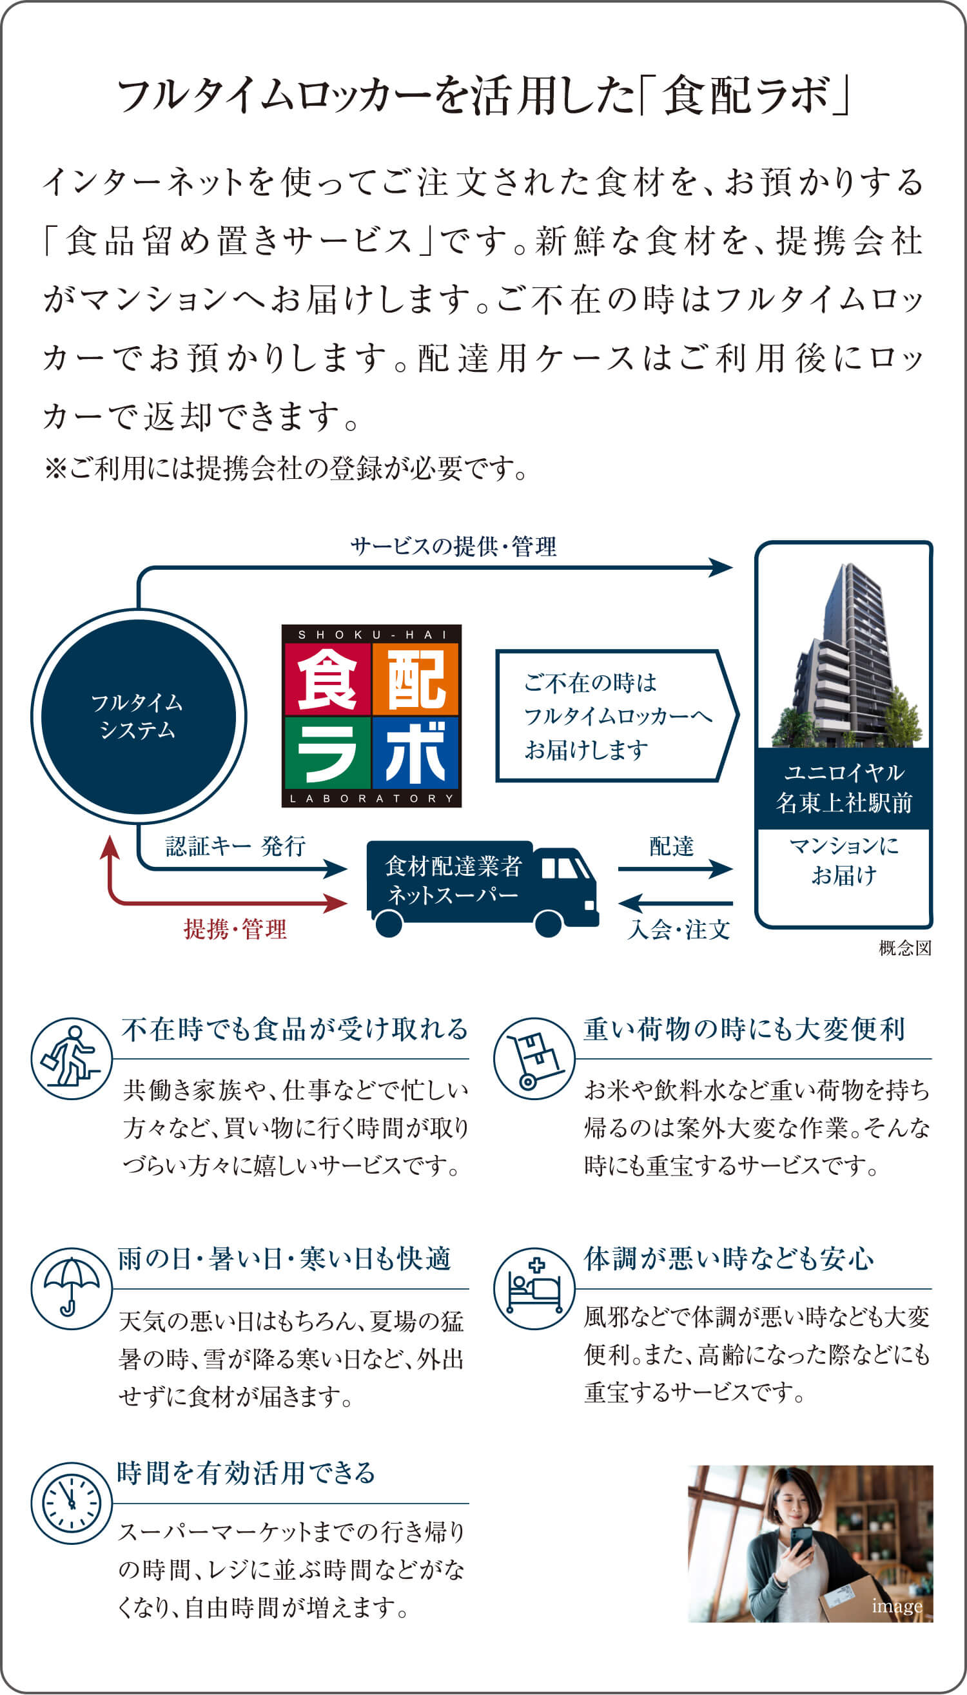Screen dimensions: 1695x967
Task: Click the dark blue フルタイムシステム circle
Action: (x=138, y=717)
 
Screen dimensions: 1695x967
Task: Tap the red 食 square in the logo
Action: (x=327, y=679)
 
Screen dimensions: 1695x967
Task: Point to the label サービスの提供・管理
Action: (x=454, y=547)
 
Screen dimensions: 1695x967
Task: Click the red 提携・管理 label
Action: (x=235, y=929)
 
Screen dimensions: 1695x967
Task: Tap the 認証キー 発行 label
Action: (x=235, y=846)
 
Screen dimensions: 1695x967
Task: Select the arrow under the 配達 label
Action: (x=675, y=868)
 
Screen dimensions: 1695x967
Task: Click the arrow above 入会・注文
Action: (x=675, y=903)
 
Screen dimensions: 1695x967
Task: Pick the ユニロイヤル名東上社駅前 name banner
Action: (x=843, y=788)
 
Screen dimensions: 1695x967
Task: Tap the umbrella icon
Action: (x=71, y=1289)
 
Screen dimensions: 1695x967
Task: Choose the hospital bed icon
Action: (x=534, y=1289)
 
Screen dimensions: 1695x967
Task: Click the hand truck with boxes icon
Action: (x=534, y=1059)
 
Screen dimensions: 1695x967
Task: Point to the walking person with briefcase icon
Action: (x=71, y=1059)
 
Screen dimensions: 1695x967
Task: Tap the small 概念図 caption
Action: (x=904, y=948)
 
